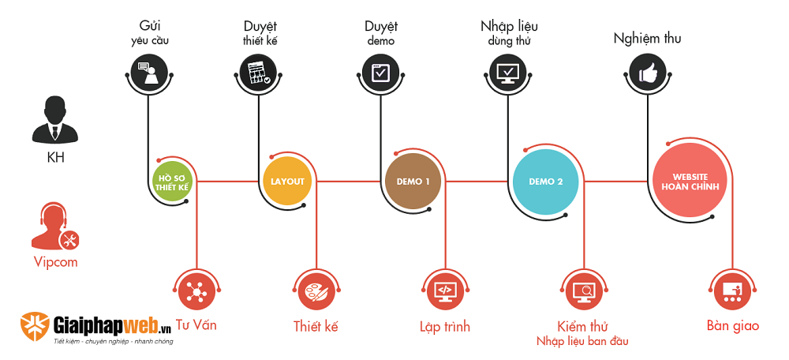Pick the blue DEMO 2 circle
tap(546, 182)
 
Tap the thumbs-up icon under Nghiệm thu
tap(648, 75)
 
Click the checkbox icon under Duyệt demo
tap(380, 72)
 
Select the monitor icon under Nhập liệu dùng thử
tap(506, 73)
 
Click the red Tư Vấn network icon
tap(196, 291)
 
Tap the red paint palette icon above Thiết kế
tap(315, 291)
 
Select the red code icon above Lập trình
tap(444, 291)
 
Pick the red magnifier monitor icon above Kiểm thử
tap(585, 291)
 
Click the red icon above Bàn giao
tap(731, 291)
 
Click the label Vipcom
tap(55, 262)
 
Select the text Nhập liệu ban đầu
tap(582, 341)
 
